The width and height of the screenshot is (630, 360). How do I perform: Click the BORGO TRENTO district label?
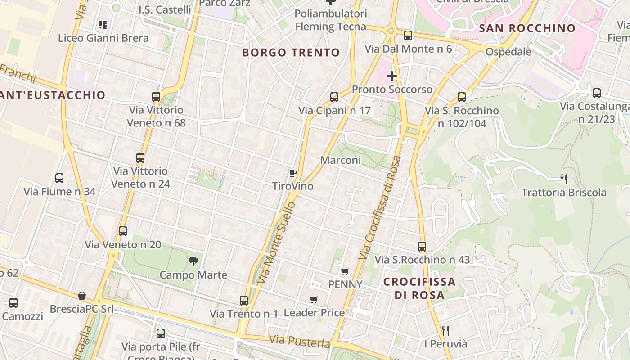(291, 53)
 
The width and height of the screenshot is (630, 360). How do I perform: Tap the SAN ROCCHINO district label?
(527, 28)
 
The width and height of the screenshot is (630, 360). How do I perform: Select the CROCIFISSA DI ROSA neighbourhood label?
(419, 288)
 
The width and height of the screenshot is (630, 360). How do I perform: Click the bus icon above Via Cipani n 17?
(334, 97)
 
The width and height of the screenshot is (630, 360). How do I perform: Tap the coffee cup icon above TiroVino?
(292, 173)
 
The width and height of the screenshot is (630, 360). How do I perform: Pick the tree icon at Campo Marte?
(193, 261)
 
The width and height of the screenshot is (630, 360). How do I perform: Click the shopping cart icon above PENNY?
(345, 271)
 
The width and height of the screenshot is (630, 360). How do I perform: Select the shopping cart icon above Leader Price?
(314, 299)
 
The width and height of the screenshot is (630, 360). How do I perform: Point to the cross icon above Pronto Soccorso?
(392, 76)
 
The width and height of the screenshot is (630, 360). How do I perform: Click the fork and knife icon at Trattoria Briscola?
(563, 179)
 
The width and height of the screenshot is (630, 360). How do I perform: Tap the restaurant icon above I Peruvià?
(445, 331)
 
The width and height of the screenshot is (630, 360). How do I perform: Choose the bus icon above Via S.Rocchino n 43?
(422, 246)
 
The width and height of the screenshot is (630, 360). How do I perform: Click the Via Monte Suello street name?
(276, 243)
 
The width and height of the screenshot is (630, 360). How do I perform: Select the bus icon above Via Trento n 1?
(243, 300)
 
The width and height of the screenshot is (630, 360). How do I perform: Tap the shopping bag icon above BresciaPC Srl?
(81, 296)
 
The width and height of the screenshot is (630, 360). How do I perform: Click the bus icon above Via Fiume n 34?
(59, 178)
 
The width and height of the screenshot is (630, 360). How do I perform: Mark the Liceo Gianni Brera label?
(103, 38)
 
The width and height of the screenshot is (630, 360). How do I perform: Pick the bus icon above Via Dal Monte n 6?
(408, 36)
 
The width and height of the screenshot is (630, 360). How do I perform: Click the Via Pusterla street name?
(300, 341)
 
